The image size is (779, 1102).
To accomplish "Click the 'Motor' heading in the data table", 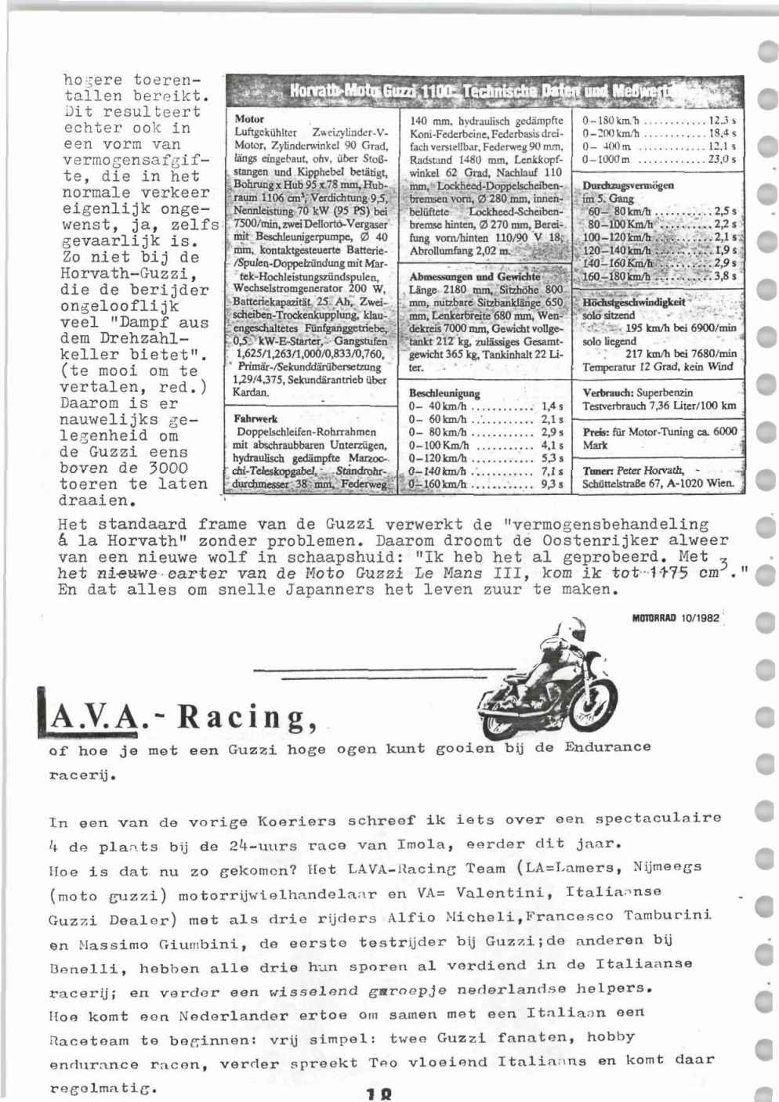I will click(245, 119).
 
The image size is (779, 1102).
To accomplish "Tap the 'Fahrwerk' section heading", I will click(252, 418).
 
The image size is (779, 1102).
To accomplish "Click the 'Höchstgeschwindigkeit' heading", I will click(634, 302).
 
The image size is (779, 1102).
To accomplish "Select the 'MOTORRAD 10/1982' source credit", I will click(675, 617).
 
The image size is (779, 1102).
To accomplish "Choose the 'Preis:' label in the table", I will click(596, 431).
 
